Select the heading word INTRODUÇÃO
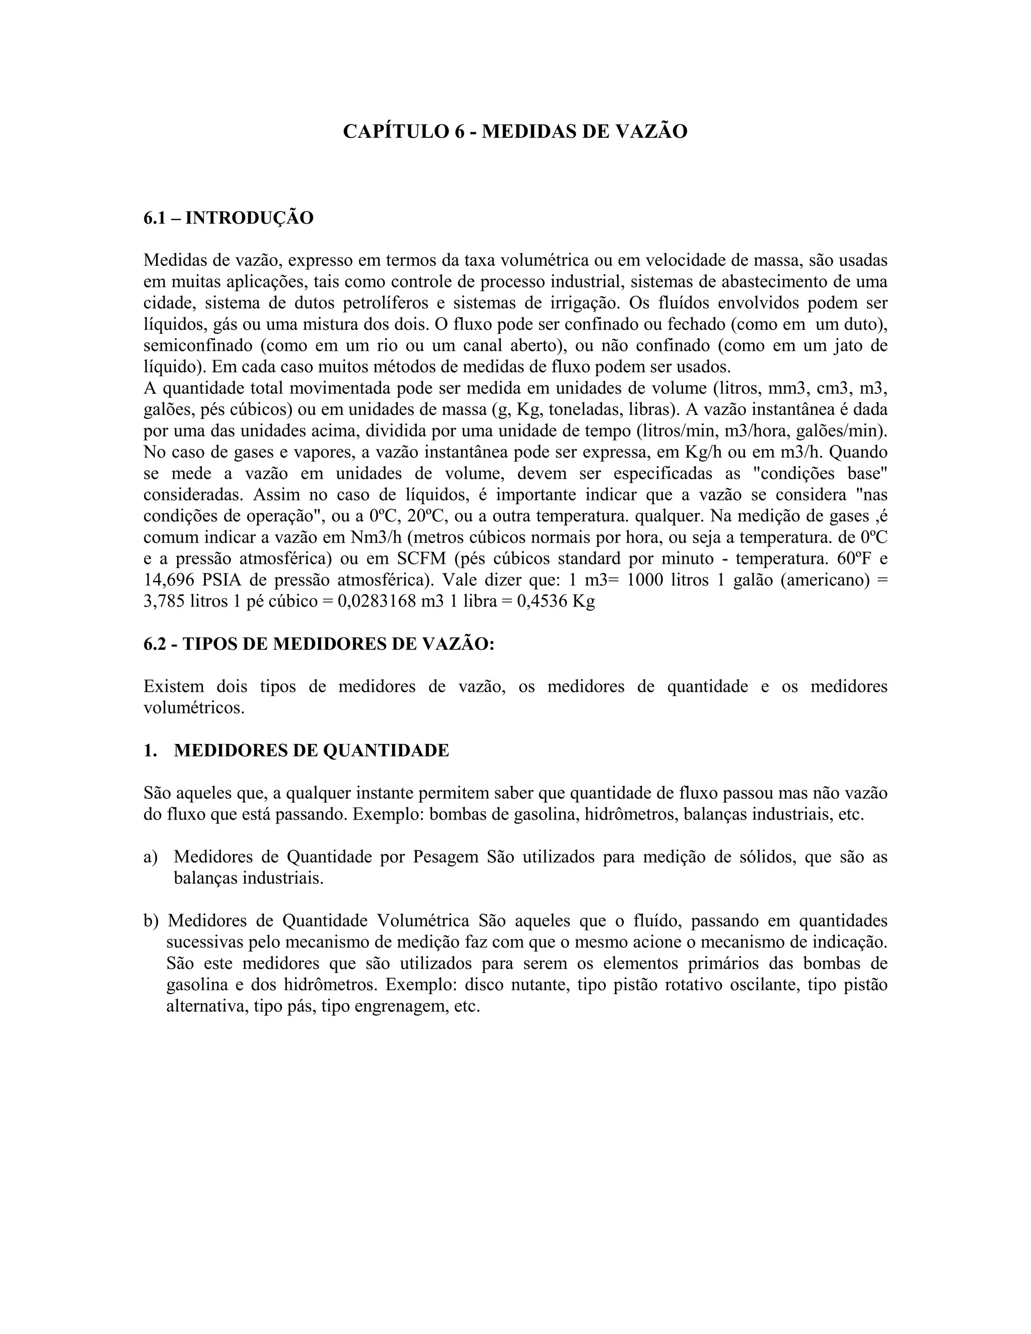click(x=249, y=217)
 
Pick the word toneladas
click(x=584, y=410)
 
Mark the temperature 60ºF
click(x=849, y=559)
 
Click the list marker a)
click(x=151, y=857)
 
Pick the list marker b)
click(x=151, y=921)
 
